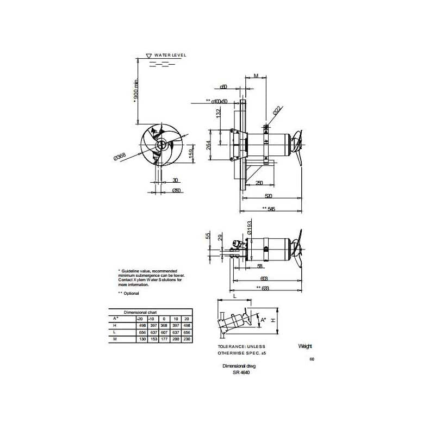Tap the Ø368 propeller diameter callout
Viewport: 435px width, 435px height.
120,157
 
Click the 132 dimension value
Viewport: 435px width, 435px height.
219,114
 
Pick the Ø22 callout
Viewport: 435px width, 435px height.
276,110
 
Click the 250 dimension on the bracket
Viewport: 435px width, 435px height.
259,183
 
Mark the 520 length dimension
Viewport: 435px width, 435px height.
268,196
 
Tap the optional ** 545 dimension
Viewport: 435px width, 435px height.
268,209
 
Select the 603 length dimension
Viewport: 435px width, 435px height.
265,278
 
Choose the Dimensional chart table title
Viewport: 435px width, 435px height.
140,313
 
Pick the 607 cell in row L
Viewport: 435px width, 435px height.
163,332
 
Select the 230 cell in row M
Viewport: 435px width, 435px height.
187,339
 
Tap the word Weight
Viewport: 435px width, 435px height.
305,346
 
